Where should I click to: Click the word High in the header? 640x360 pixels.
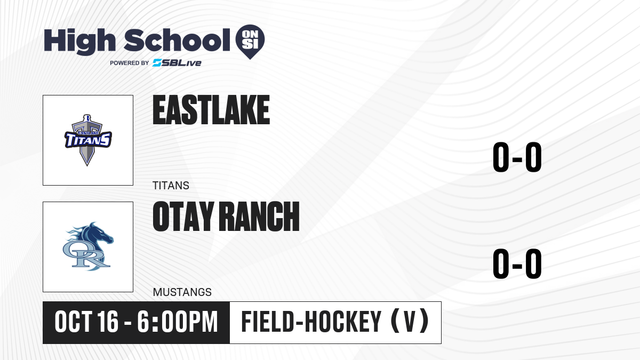point(79,41)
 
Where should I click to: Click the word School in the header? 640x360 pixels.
point(177,40)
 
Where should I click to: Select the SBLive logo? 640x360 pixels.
point(177,62)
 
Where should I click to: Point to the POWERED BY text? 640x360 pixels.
point(130,63)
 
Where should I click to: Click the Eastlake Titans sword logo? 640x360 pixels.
point(88,140)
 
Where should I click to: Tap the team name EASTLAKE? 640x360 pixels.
point(211,110)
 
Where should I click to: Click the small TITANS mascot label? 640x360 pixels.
point(171,186)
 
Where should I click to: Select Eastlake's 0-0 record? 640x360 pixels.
point(517,157)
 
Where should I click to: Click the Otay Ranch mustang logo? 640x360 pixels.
point(88,246)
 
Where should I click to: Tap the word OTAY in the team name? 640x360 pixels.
point(183,217)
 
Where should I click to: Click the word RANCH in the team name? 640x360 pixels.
point(260,217)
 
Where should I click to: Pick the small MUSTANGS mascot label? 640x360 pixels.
point(182,292)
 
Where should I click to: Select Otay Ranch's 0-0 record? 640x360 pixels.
point(517,263)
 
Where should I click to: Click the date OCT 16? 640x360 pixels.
point(86,322)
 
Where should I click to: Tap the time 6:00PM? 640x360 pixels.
point(178,322)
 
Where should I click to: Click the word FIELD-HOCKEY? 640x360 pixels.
point(311,322)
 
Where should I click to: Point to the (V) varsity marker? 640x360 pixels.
point(410,322)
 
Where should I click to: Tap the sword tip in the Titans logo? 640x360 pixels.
point(87,165)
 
